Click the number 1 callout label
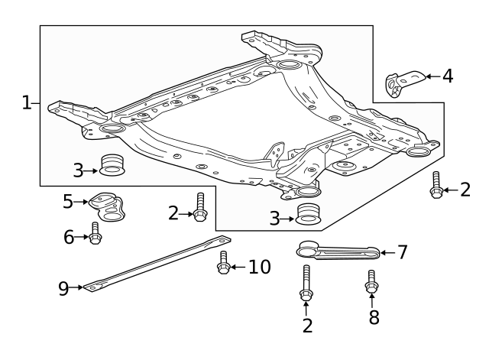tap(27, 102)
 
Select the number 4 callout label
tap(447, 76)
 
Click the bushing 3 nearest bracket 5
tap(112, 164)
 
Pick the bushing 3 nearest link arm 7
tap(308, 214)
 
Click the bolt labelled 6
tap(96, 233)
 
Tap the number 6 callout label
tap(69, 238)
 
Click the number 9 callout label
tap(64, 288)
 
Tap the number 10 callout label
tap(259, 267)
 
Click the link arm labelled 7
tap(336, 251)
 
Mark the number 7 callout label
tap(403, 251)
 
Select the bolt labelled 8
tap(372, 282)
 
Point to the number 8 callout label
tap(374, 318)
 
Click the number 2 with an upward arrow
tap(306, 326)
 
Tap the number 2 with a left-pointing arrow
tap(465, 190)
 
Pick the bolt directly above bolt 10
tap(199, 207)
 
